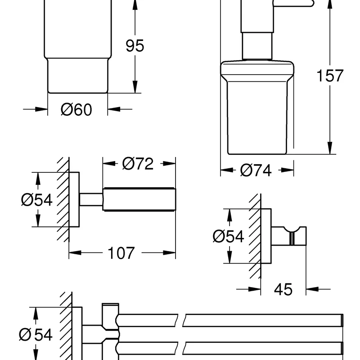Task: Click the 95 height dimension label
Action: tap(135, 45)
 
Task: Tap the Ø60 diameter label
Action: tap(76, 109)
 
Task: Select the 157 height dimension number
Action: tap(330, 75)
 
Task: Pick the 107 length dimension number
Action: tap(121, 253)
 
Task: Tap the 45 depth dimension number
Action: tap(283, 289)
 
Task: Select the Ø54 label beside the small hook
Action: tap(228, 236)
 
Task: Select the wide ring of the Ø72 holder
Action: tap(139, 198)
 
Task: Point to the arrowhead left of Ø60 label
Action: tap(43, 109)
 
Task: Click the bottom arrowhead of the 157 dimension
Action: tap(330, 148)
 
